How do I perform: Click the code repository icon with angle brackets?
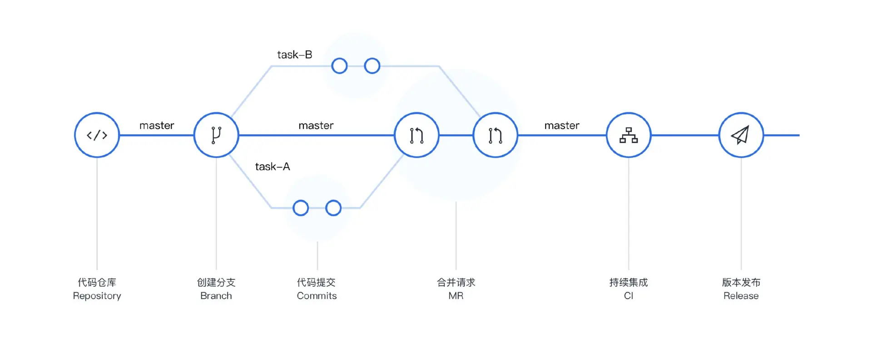[x=97, y=135]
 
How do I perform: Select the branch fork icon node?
[x=216, y=135]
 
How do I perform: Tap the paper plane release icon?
[x=741, y=135]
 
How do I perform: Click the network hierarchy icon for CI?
[x=629, y=135]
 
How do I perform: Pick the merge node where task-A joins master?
[x=416, y=135]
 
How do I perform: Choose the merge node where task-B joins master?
[x=495, y=135]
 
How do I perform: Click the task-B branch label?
[x=295, y=55]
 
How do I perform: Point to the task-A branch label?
[x=272, y=167]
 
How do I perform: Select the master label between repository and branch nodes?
[x=157, y=125]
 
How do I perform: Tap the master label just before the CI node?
[x=562, y=125]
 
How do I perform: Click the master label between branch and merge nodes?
[x=316, y=125]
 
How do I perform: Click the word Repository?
[x=97, y=296]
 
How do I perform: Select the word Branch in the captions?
[x=216, y=296]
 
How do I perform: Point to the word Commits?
[x=317, y=296]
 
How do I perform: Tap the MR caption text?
[x=456, y=296]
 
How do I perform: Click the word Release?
[x=741, y=296]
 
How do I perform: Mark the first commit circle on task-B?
[x=339, y=66]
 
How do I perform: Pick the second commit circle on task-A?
[x=333, y=208]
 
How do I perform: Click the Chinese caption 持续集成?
[x=629, y=282]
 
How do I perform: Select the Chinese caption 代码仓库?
[x=97, y=282]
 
